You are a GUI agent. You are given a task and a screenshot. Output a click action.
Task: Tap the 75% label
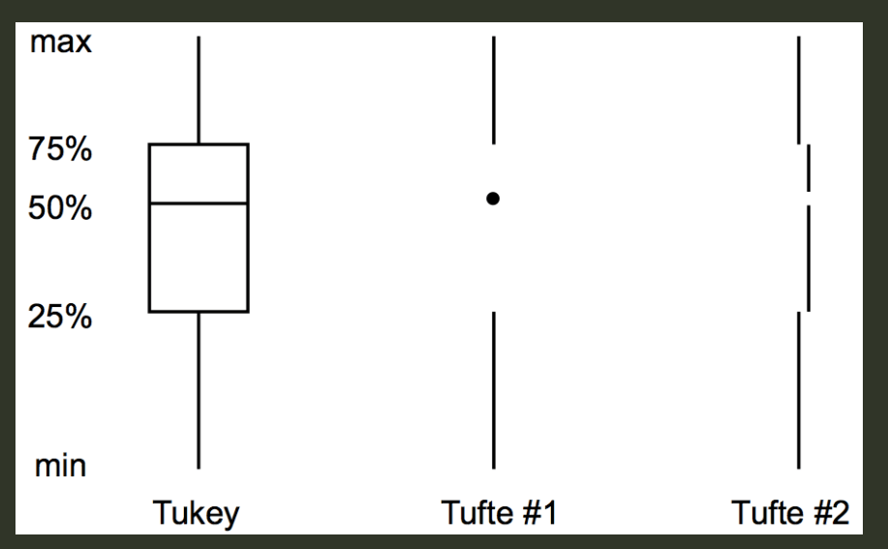tap(59, 151)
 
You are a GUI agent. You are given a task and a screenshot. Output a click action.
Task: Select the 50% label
tap(59, 208)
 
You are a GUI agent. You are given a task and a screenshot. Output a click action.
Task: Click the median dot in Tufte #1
tap(493, 198)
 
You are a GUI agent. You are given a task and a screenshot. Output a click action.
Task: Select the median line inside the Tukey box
tap(199, 203)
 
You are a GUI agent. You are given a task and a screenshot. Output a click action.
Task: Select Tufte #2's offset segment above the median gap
tap(809, 168)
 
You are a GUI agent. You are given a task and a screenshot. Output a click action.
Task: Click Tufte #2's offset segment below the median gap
tap(809, 258)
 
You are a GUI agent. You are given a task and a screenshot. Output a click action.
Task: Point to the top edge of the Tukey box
tap(199, 144)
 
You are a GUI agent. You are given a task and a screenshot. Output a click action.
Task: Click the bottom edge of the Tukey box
tap(199, 312)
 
